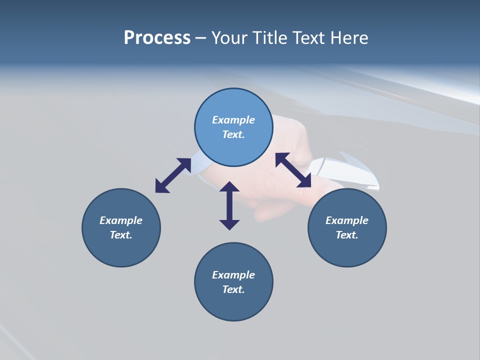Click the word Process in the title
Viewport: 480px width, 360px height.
coord(157,38)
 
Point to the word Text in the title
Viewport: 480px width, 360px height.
coord(309,38)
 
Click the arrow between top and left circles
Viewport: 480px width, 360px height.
coord(173,175)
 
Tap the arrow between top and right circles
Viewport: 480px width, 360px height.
coord(293,170)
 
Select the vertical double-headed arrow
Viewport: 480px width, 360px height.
coord(229,205)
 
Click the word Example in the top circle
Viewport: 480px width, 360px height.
coord(233,120)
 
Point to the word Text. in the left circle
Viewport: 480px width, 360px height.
coord(121,235)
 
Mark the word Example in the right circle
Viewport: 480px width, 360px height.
coord(347,220)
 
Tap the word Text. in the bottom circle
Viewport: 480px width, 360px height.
coord(233,289)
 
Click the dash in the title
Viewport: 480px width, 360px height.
coord(201,38)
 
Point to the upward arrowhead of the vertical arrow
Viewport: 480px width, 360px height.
coord(229,187)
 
